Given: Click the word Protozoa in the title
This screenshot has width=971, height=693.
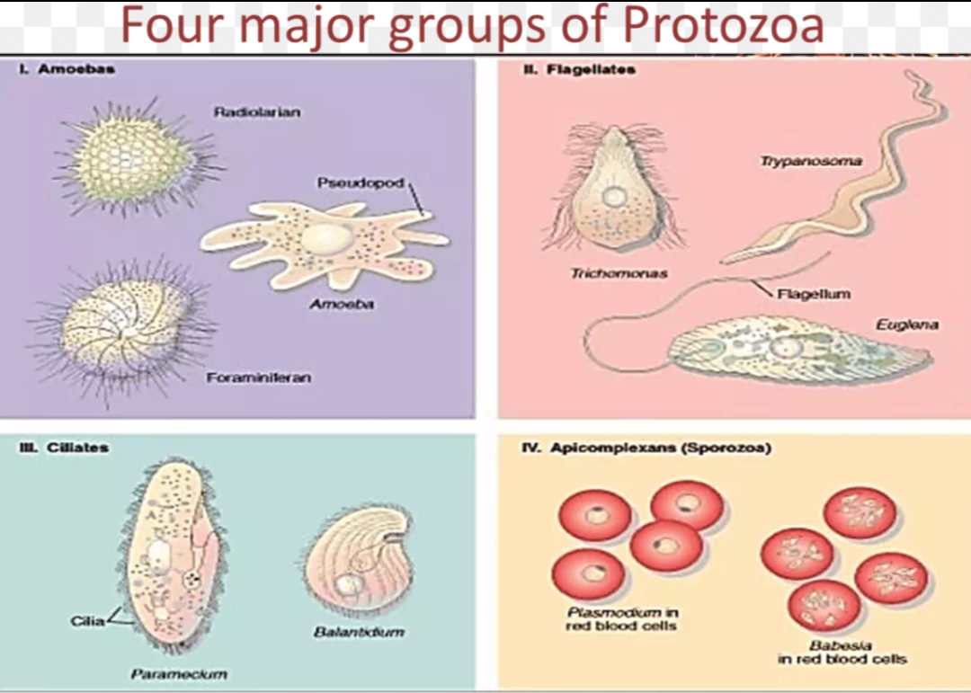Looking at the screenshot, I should point(723,26).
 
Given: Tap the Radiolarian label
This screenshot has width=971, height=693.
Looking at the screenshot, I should point(257,112).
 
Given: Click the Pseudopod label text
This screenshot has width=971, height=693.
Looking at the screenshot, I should point(360,183).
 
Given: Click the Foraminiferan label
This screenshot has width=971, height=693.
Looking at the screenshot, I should point(259,378).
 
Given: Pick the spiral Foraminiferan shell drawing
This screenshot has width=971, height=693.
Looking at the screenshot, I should point(125,327).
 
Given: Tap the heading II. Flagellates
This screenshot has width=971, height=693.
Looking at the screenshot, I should point(580,69).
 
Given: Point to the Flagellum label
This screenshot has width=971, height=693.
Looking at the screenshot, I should point(815,293).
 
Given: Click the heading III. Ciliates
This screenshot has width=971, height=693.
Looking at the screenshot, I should point(64,447).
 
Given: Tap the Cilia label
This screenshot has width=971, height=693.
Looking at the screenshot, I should point(87,621).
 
